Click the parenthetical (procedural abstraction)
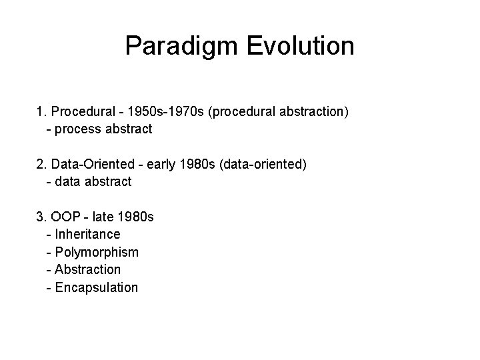pyautogui.click(x=278, y=111)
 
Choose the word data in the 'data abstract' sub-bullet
pyautogui.click(x=69, y=181)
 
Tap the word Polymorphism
pyautogui.click(x=97, y=252)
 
